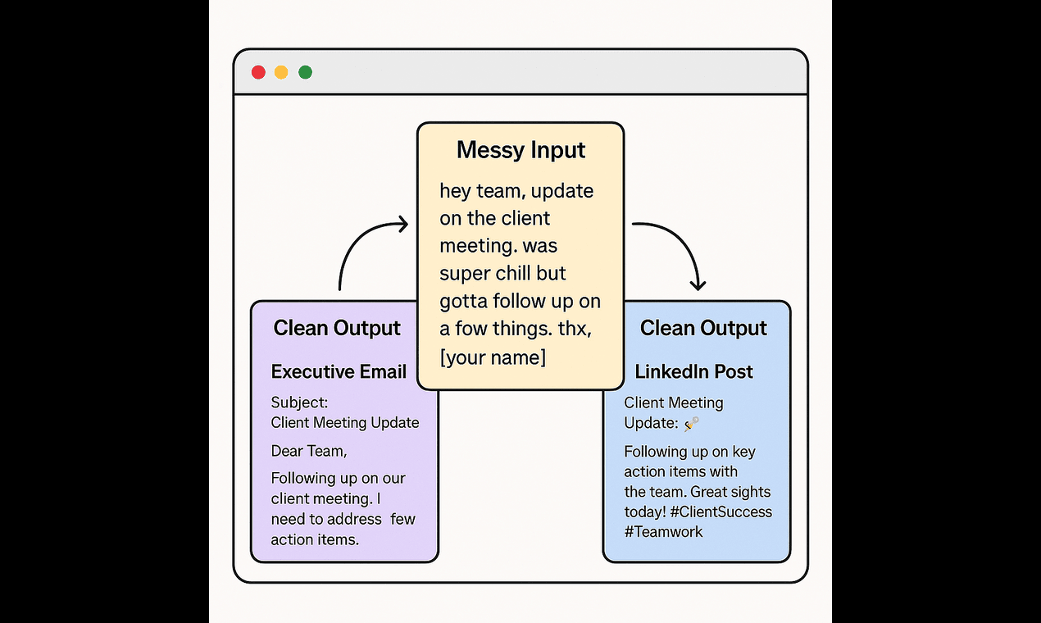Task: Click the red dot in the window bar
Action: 258,72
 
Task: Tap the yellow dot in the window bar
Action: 281,72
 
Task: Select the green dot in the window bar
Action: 305,72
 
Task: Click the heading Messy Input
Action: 520,150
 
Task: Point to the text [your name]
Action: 493,357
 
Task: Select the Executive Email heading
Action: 339,372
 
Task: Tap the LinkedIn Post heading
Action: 693,372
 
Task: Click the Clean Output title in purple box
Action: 337,329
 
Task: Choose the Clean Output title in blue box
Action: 703,329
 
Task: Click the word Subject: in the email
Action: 299,403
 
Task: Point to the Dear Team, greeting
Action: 309,451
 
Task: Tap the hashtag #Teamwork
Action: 663,532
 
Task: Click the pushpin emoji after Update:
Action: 692,423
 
